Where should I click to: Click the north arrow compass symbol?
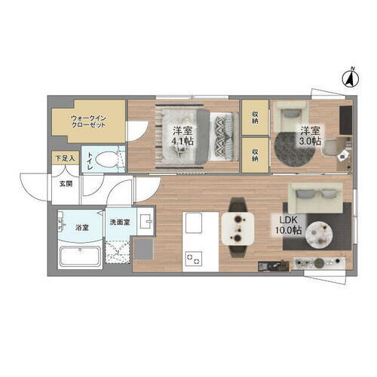tap(351, 76)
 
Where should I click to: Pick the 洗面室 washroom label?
tap(119, 222)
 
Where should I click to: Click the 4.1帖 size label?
tap(180, 140)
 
